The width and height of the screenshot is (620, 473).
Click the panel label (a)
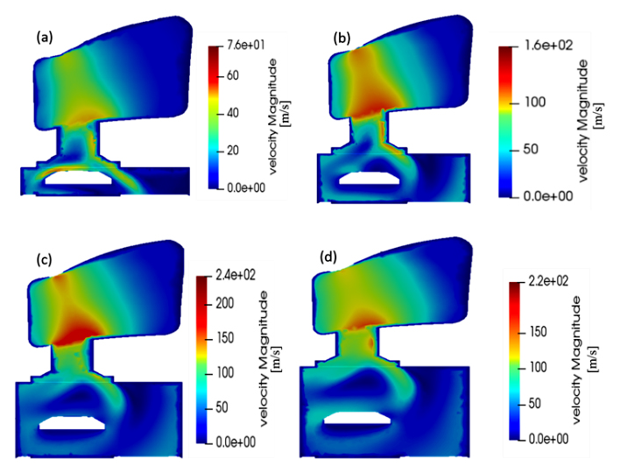tap(45, 38)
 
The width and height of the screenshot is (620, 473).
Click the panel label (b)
tap(342, 39)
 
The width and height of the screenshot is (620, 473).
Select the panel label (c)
tap(44, 260)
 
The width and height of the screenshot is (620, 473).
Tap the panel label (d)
tap(328, 258)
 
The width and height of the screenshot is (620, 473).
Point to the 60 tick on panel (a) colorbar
tap(233, 75)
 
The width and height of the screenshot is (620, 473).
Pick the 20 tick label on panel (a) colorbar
tap(233, 151)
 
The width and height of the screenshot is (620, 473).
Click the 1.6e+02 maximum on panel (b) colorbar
tap(548, 45)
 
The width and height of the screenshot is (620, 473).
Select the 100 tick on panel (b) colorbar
tap(535, 102)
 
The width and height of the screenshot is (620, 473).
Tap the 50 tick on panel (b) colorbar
tap(531, 149)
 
